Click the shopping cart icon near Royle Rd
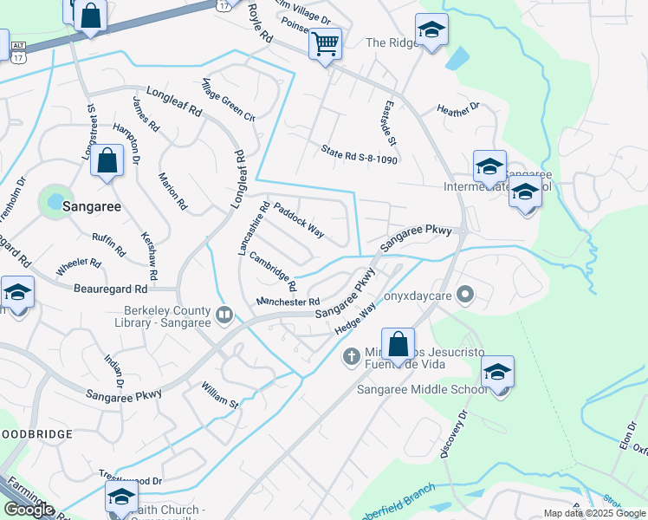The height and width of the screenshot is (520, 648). tap(325, 42)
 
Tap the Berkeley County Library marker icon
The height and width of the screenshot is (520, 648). tap(224, 314)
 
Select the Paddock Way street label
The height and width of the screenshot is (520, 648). tap(299, 221)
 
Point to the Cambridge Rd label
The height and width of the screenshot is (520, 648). tap(273, 271)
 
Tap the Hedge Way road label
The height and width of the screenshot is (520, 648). tap(356, 318)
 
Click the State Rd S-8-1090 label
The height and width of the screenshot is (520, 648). tap(359, 154)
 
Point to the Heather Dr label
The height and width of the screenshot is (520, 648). tap(458, 109)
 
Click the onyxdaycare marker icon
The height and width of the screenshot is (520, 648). tap(465, 294)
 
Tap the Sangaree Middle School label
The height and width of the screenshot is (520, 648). tap(423, 389)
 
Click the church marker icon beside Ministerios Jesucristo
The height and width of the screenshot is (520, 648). tap(352, 355)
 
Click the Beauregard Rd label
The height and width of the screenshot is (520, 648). tap(111, 288)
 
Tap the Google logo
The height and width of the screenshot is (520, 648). tap(29, 510)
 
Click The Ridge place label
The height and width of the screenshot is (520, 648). tap(387, 42)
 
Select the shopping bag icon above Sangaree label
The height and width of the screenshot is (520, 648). tap(107, 161)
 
